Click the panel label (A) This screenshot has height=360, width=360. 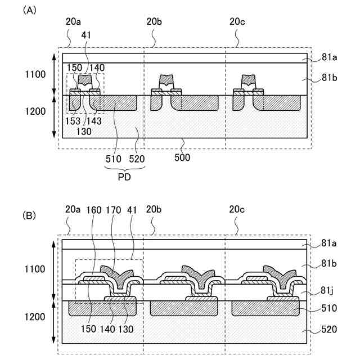coord(29,10)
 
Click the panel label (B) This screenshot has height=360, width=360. coord(29,215)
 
